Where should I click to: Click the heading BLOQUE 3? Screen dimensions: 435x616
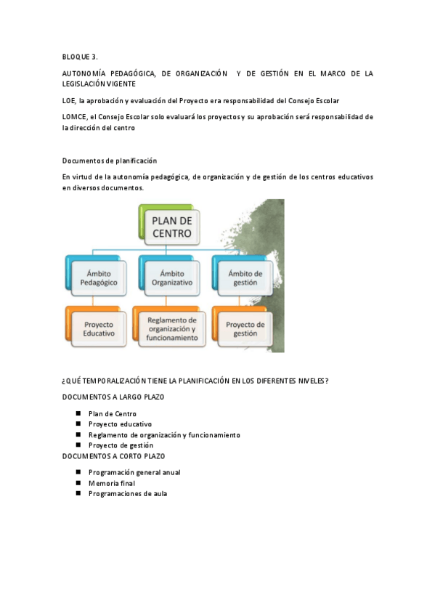(80, 57)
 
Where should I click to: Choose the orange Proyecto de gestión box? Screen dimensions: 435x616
(245, 328)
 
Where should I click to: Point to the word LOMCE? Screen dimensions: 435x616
(74, 116)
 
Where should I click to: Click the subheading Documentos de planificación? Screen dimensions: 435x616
(109, 161)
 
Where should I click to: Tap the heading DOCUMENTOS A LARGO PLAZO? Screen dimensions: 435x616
(113, 397)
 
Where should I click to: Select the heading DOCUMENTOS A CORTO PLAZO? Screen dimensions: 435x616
(113, 455)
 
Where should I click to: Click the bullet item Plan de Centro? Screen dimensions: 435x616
(112, 413)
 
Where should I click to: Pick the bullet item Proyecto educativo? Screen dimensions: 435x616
(120, 423)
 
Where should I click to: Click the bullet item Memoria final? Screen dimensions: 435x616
(111, 482)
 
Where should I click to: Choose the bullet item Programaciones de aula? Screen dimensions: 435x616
(127, 493)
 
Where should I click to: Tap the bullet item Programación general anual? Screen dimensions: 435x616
(134, 472)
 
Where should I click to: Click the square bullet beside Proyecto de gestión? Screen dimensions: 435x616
(78, 445)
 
